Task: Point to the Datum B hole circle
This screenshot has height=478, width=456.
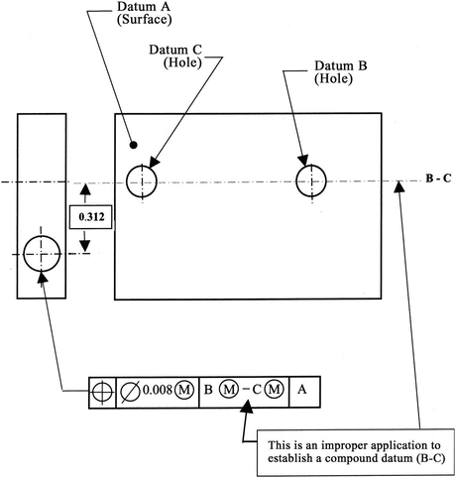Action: [x=313, y=181]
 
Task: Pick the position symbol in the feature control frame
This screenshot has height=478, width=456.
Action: [x=102, y=392]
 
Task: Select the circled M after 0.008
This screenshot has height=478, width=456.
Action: [x=185, y=392]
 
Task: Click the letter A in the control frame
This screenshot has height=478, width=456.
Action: [x=301, y=391]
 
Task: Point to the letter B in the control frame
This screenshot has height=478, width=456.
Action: [x=209, y=392]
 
